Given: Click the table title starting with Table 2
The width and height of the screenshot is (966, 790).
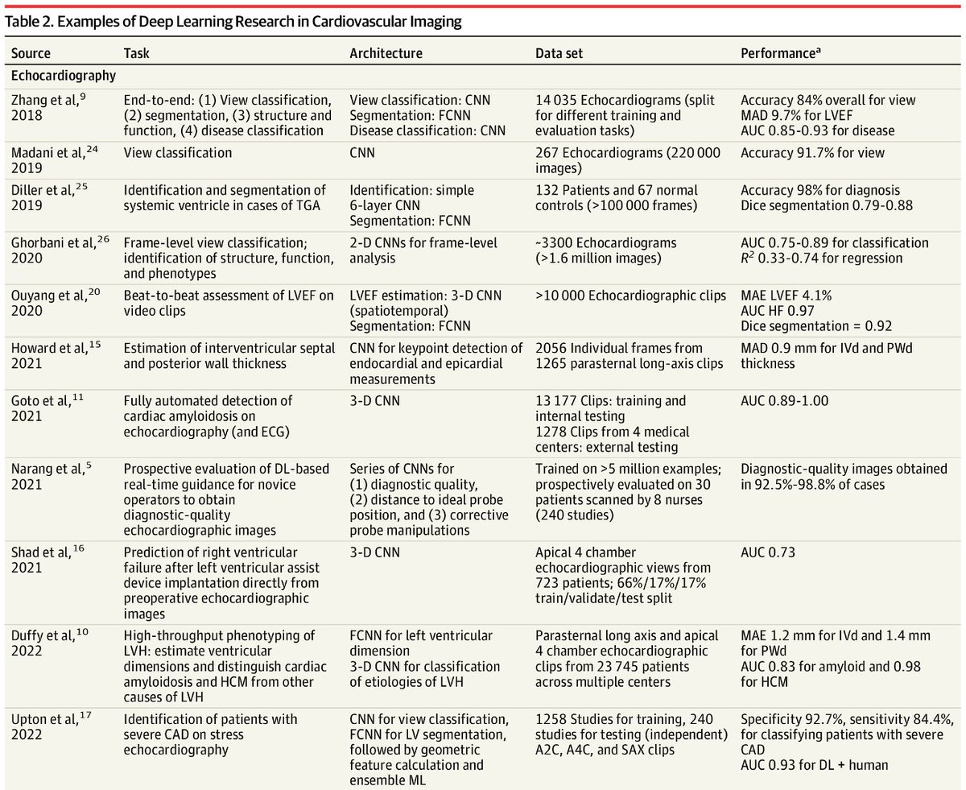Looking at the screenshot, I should click(x=233, y=22).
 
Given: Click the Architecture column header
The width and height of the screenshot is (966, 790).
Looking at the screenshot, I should click(x=386, y=54).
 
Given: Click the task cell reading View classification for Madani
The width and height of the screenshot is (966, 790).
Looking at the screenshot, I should click(x=177, y=152).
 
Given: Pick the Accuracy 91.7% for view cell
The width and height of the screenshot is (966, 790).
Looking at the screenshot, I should click(x=812, y=152).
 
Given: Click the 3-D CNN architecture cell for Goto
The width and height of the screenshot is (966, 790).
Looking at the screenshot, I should click(x=374, y=401).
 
